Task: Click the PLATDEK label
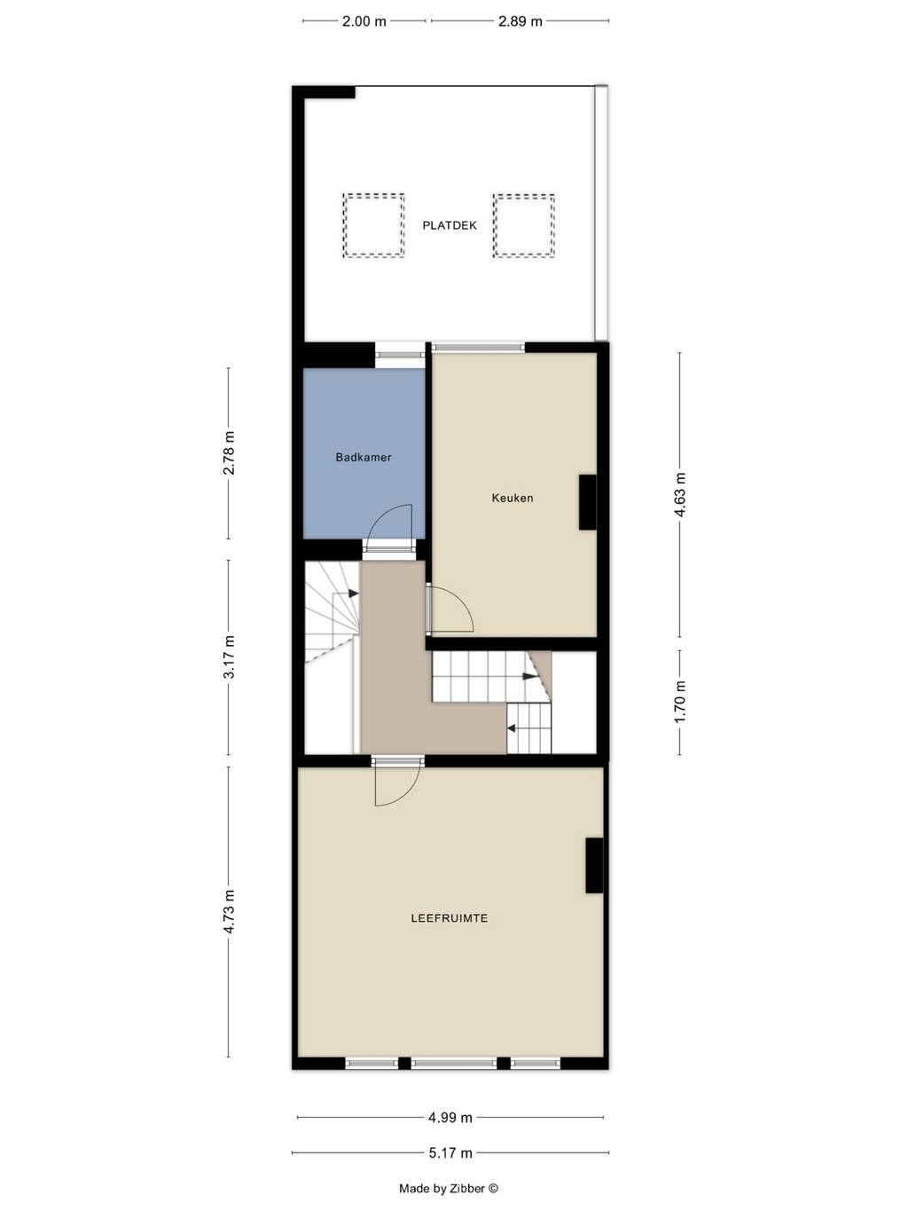click(450, 225)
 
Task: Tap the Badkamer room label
click(364, 457)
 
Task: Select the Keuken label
click(513, 498)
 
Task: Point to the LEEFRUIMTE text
click(450, 918)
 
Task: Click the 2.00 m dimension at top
click(364, 21)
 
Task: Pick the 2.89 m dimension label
click(520, 21)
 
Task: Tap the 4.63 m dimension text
click(680, 494)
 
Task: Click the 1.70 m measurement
click(680, 702)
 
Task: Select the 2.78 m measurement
click(229, 453)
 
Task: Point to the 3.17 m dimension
click(229, 657)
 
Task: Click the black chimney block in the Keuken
click(587, 502)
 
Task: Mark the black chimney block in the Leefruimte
click(594, 865)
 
